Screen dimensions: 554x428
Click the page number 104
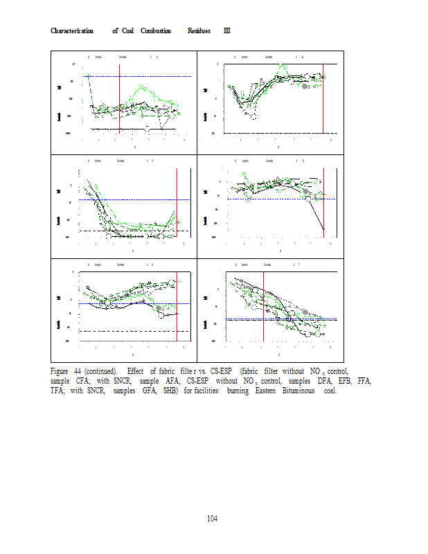[213, 518]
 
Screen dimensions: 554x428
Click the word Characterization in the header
[73, 31]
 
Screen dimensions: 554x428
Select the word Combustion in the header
[156, 31]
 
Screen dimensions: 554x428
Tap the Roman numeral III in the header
[226, 31]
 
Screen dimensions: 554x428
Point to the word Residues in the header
[199, 31]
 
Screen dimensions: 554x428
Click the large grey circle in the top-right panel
[305, 86]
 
